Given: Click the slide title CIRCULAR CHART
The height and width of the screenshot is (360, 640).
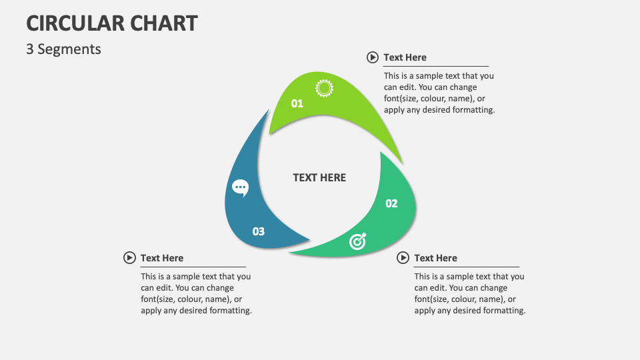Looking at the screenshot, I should tap(112, 23).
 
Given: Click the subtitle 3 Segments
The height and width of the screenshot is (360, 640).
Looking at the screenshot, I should tap(63, 49).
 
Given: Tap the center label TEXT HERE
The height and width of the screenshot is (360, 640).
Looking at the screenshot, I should tap(319, 177).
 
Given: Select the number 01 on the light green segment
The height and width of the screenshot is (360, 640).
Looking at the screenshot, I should tap(297, 103).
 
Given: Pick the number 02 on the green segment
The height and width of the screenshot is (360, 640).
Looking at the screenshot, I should tap(391, 203).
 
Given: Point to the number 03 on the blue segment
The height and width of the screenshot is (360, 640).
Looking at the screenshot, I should tap(258, 231).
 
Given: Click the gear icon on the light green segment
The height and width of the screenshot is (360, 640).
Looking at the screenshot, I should tap(324, 88).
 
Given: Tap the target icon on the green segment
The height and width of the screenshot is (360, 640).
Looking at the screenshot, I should tap(358, 242).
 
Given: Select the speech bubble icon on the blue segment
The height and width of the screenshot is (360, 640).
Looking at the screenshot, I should tap(240, 188).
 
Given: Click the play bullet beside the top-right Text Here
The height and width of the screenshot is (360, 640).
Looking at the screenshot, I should tap(373, 57).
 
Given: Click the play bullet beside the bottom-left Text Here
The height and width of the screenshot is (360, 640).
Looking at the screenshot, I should tap(129, 258).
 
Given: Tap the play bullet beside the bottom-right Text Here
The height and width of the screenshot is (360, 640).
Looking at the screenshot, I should tap(403, 258).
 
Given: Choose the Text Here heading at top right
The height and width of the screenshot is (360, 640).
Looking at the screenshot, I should tap(405, 57).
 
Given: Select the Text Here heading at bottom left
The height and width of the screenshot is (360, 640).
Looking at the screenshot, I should tap(162, 258).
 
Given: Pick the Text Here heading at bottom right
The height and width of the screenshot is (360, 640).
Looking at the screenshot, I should tap(435, 258).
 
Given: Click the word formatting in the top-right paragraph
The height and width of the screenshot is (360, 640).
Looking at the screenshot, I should tap(473, 110).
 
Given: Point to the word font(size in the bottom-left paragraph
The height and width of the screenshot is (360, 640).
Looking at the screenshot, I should tap(158, 299).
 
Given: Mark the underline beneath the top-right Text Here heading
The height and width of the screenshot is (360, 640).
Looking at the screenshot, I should tap(436, 66).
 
